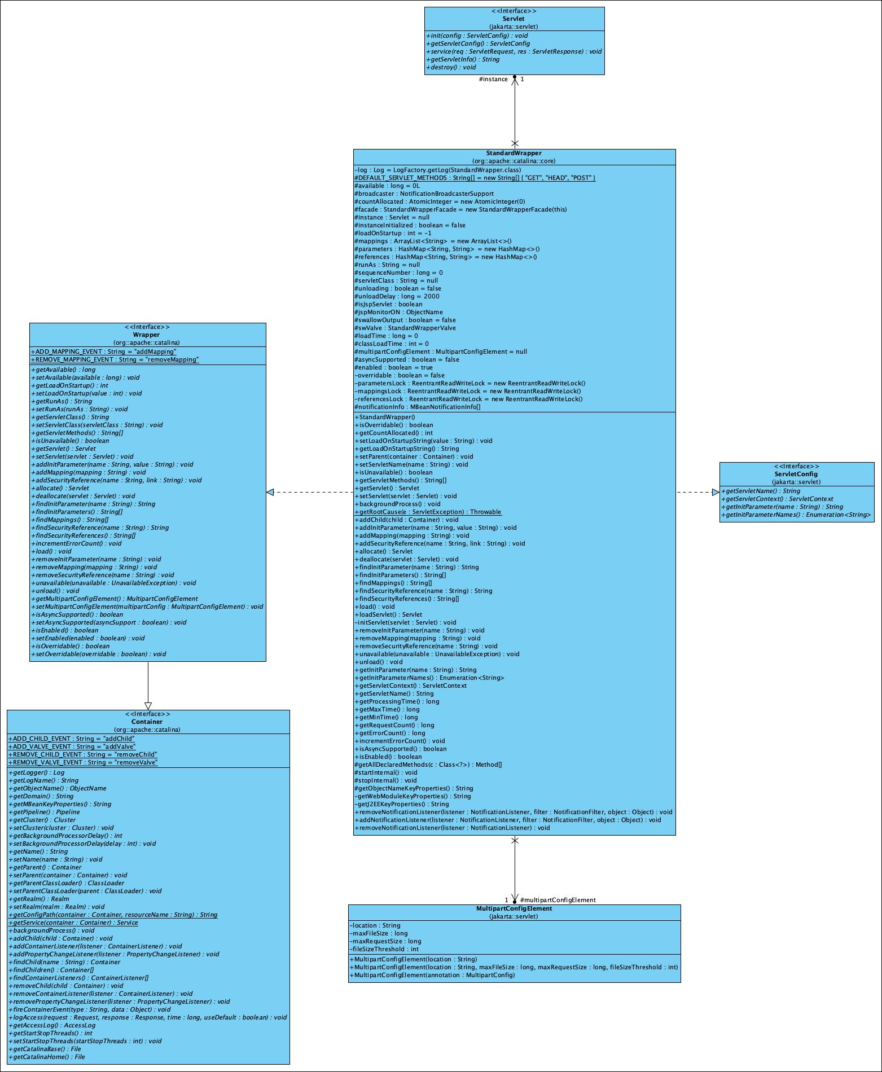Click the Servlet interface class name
coord(514,19)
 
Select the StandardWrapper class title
coord(514,153)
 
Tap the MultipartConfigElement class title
coord(514,908)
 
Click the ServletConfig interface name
coord(796,474)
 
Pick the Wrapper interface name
coord(147,335)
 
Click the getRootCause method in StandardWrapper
coord(428,512)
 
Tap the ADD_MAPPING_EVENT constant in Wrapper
coord(104,352)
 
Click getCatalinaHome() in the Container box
coord(47,1057)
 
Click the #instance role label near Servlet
coord(493,79)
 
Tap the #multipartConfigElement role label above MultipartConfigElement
coord(558,900)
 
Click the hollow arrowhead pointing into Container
coord(148,706)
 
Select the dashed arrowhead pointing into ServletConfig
coord(715,492)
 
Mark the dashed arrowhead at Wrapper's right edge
coord(270,492)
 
